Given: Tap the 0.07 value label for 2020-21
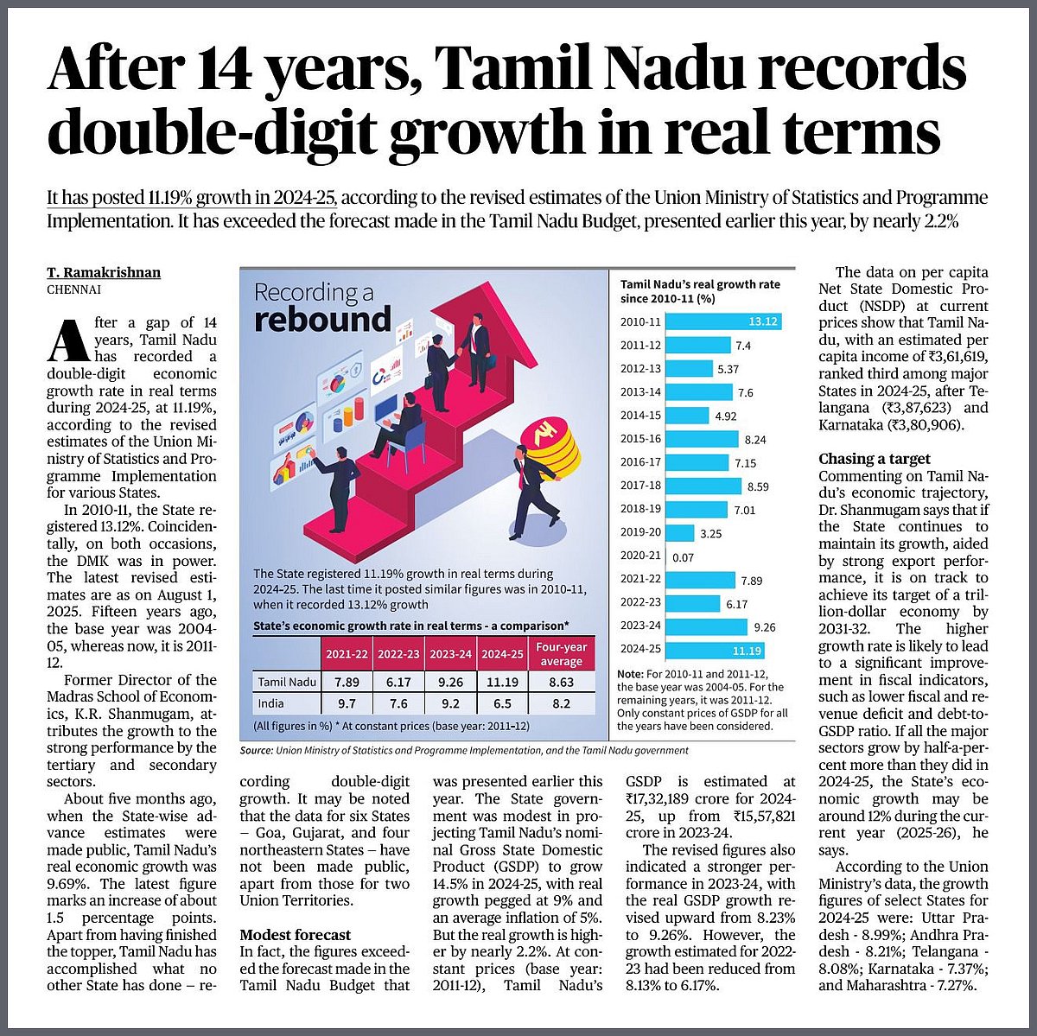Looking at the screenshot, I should pyautogui.click(x=683, y=557).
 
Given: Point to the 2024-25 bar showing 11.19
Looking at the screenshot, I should pyautogui.click(x=716, y=651).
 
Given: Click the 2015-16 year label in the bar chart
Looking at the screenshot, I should pyautogui.click(x=640, y=439).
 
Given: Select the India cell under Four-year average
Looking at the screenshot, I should pyautogui.click(x=561, y=703).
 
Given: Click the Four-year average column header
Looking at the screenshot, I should pyautogui.click(x=561, y=654).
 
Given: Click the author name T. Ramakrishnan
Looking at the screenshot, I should pyautogui.click(x=104, y=273).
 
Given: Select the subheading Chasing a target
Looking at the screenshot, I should pyautogui.click(x=875, y=459).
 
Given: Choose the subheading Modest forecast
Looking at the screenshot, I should pyautogui.click(x=296, y=934).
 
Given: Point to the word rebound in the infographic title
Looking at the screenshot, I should pyautogui.click(x=322, y=320).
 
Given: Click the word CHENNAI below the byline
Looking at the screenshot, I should pyautogui.click(x=73, y=290).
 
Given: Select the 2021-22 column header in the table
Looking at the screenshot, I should pyautogui.click(x=346, y=654).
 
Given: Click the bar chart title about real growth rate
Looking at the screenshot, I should pyautogui.click(x=700, y=291).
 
